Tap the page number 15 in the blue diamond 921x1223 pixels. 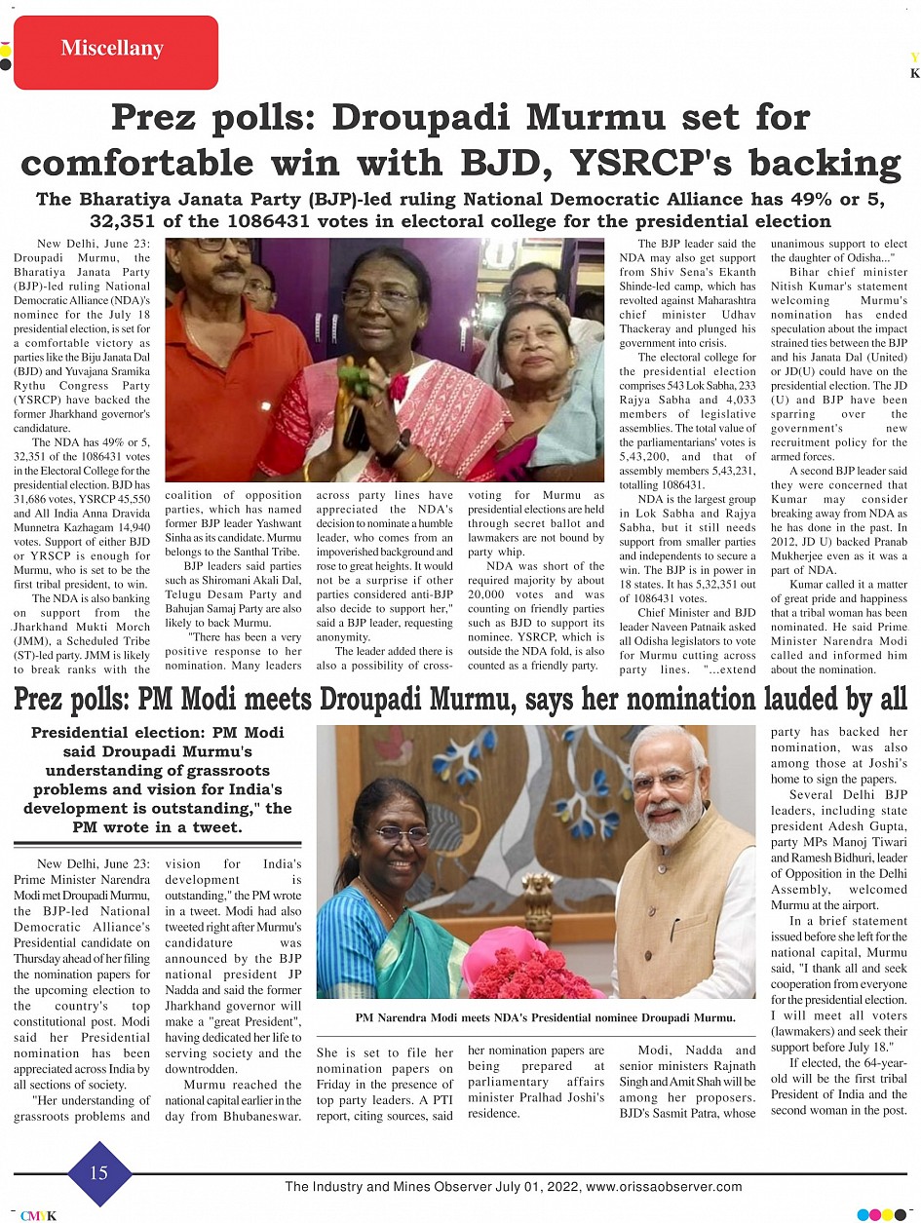99,1173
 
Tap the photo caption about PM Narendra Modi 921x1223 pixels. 545,1017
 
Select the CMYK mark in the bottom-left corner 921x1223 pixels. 39,1214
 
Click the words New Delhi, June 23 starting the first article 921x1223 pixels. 94,243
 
